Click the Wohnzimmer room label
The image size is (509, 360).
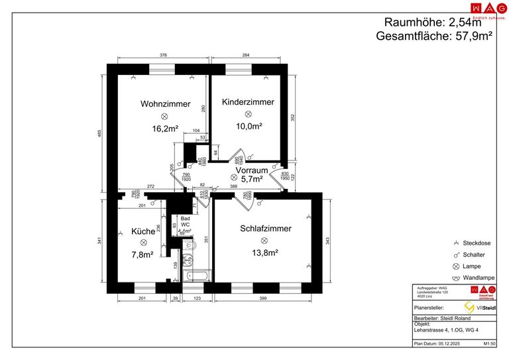click(165, 104)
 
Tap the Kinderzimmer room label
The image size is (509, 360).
click(248, 102)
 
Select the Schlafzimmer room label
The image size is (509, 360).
click(265, 229)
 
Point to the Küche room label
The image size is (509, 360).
click(142, 232)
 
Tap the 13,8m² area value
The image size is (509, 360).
click(264, 253)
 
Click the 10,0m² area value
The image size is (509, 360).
click(249, 126)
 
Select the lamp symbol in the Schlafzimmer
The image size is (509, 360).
click(264, 241)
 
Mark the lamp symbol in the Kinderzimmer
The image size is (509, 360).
click(248, 114)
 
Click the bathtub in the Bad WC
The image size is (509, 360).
click(197, 274)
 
